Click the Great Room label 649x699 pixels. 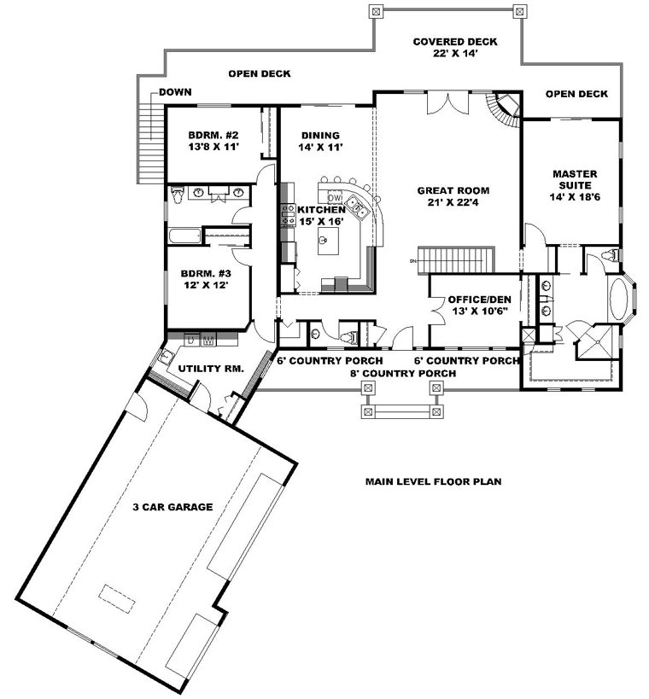pos(453,196)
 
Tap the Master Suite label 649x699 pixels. pos(575,185)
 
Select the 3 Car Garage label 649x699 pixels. pos(172,507)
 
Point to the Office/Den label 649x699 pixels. pos(480,305)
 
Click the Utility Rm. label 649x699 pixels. pos(211,369)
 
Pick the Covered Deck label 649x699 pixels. pos(455,47)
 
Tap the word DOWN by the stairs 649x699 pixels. pos(175,92)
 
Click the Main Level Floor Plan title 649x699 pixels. pos(434,481)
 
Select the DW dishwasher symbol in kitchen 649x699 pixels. pos(334,197)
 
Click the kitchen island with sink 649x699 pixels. pos(328,241)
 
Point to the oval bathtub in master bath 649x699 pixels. pos(618,299)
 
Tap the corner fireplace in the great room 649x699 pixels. pos(507,109)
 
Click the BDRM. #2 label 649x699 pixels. pos(213,141)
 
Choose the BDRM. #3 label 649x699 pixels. pos(206,279)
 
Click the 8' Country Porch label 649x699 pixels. pos(403,373)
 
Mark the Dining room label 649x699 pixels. pos(320,141)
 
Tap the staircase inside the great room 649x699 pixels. pos(456,259)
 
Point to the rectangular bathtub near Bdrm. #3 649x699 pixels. pos(185,236)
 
